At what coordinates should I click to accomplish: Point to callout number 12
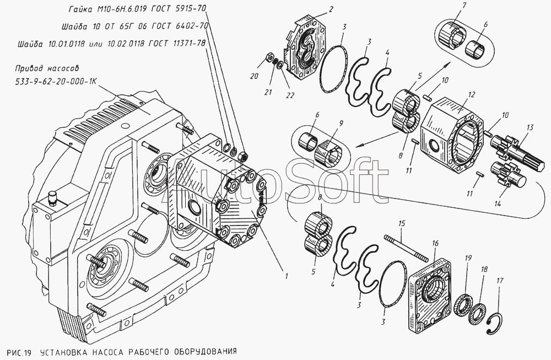coord(472,94)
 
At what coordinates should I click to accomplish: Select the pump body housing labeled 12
coord(451,135)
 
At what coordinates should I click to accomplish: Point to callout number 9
coord(341,123)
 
